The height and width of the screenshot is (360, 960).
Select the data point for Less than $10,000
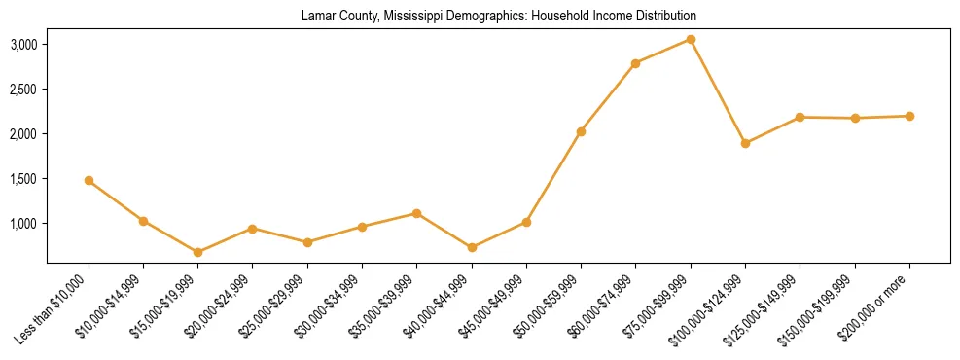(89, 180)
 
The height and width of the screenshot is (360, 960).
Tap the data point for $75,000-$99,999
(691, 39)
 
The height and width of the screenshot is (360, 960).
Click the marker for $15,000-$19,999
(197, 252)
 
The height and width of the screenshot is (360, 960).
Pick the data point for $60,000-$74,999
(635, 63)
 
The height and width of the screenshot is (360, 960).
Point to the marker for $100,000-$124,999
(745, 143)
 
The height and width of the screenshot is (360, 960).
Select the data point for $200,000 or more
(909, 116)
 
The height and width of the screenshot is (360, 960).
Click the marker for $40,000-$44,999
(472, 247)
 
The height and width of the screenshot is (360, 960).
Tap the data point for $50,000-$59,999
(581, 131)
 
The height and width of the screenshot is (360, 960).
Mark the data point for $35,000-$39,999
(416, 213)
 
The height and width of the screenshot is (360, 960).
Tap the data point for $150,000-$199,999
(855, 118)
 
